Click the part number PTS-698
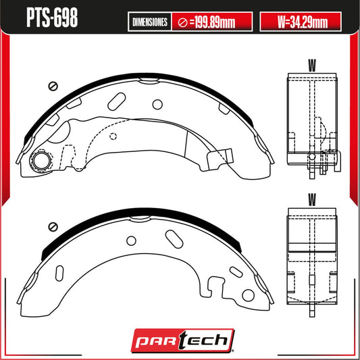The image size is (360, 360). point(52,18)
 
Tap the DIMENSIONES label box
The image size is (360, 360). point(150,22)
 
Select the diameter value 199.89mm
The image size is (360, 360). point(213,22)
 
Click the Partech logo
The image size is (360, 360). point(183,340)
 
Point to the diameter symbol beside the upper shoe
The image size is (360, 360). point(53,86)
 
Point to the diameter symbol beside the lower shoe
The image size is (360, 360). point(53,227)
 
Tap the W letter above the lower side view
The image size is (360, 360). point(312,199)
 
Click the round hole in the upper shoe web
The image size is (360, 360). point(157,105)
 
